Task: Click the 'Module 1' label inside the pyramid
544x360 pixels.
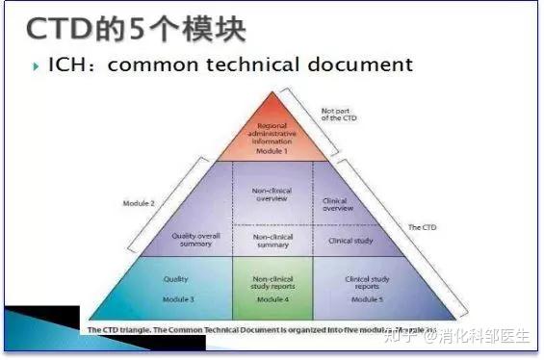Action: click(277, 151)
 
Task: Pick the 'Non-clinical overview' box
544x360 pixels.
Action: click(275, 194)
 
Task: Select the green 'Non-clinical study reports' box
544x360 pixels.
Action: click(275, 285)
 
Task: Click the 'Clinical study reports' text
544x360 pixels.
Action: click(366, 283)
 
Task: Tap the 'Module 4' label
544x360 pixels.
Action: click(275, 299)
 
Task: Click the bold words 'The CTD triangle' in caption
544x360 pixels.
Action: click(118, 329)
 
